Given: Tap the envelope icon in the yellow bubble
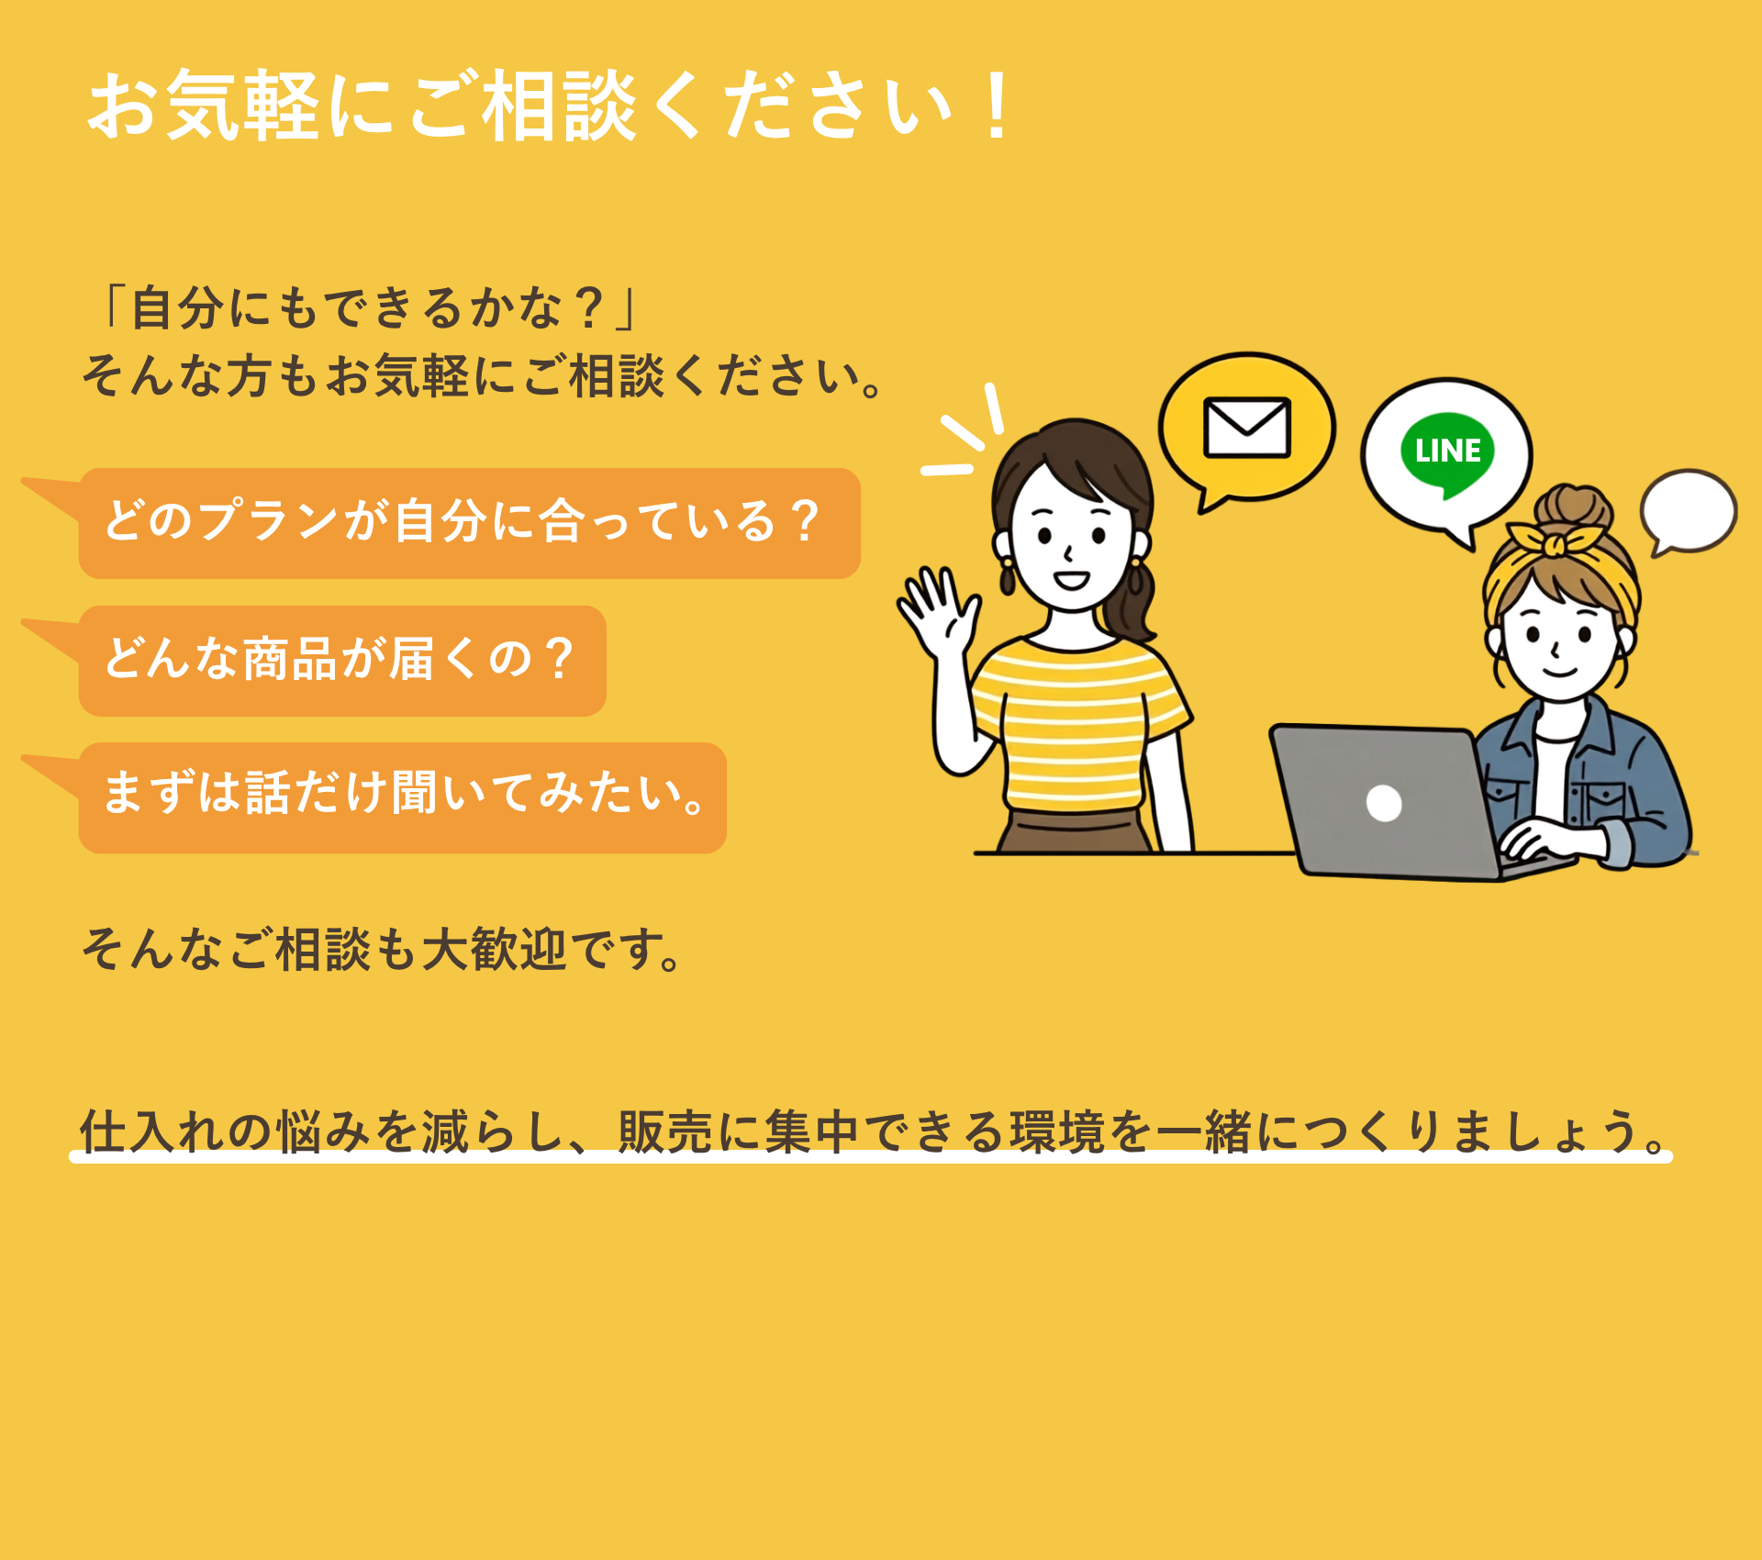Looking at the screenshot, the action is click(x=1247, y=427).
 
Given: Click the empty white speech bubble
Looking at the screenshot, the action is click(x=1688, y=511).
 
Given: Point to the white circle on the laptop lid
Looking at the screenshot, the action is click(x=1384, y=803).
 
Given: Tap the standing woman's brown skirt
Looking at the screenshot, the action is click(x=1075, y=831).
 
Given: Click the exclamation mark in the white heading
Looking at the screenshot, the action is click(x=996, y=106).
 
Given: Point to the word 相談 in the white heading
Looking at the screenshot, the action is click(x=560, y=106).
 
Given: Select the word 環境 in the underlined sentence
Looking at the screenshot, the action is click(x=1057, y=1131).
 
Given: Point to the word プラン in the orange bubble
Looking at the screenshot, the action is click(x=269, y=520).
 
